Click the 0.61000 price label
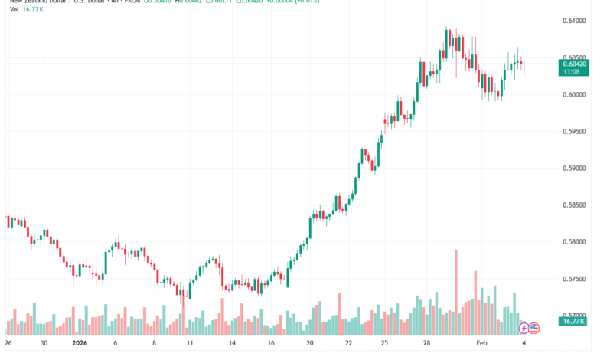[x=573, y=21]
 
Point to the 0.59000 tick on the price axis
[x=573, y=168]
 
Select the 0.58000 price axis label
[x=573, y=242]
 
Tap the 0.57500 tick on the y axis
[x=573, y=279]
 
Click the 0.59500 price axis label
[x=573, y=131]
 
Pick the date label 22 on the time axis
[x=348, y=345]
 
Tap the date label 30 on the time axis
[x=44, y=345]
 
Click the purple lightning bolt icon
[x=524, y=328]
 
